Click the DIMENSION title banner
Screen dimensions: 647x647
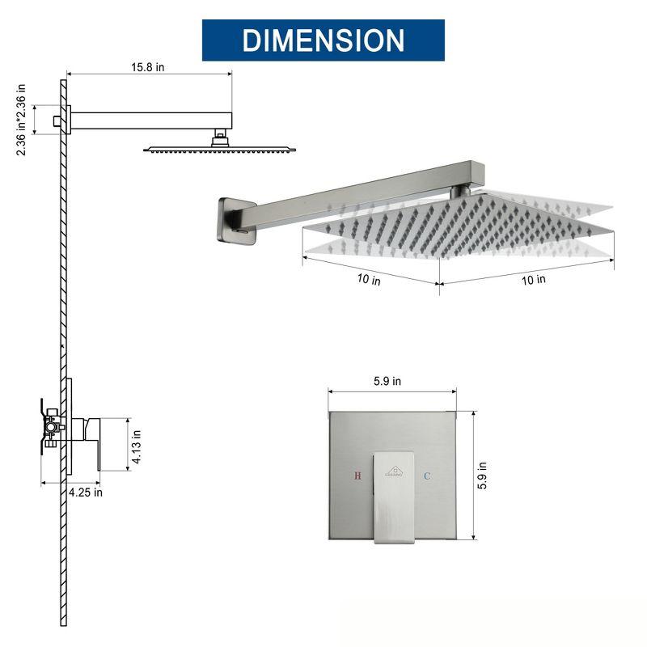tap(323, 40)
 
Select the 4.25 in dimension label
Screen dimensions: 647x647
tap(85, 492)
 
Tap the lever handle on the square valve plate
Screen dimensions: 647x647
tap(392, 497)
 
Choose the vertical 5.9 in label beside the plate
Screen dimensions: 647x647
tap(482, 476)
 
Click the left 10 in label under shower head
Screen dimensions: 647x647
tap(369, 280)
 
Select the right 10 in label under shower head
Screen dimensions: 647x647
tap(534, 280)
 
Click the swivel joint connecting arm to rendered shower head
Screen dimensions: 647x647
tap(463, 192)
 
